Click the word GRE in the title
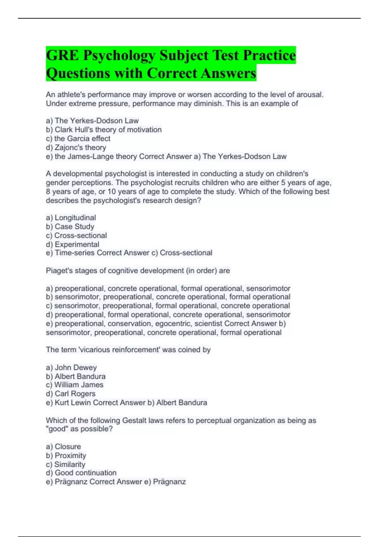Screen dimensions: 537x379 [62, 55]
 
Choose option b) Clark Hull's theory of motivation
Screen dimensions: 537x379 [104, 130]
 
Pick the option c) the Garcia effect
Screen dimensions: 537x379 [78, 138]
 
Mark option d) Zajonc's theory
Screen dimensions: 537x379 [76, 147]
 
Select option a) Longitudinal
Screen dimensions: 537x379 [71, 218]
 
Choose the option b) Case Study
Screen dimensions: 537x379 [70, 226]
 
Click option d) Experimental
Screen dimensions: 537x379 [72, 244]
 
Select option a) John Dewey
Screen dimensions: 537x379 [71, 367]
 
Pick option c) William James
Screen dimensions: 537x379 [75, 385]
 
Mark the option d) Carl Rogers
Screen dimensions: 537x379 [70, 394]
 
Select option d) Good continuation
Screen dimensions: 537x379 [81, 473]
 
